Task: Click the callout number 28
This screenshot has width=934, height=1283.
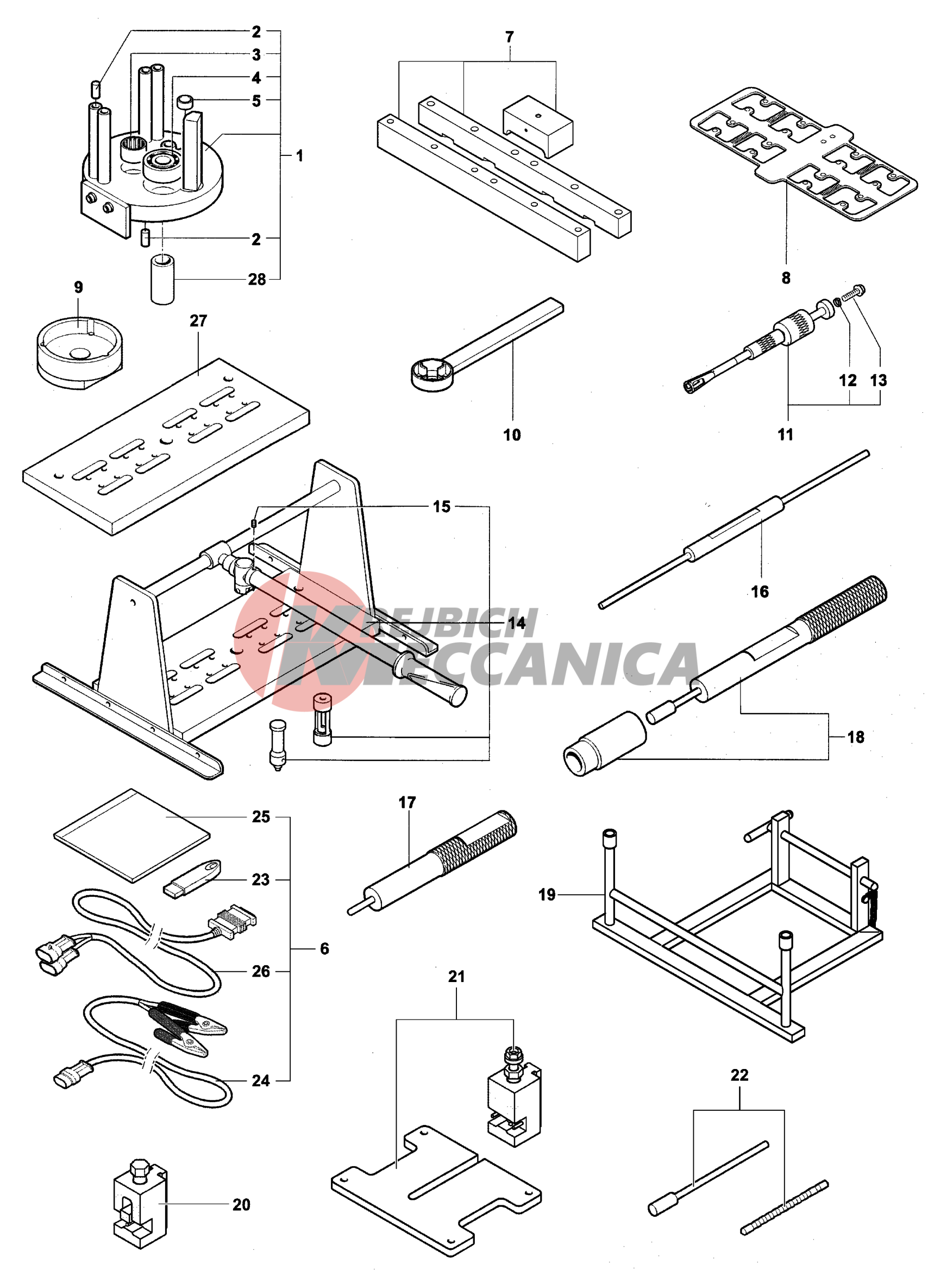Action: (x=257, y=279)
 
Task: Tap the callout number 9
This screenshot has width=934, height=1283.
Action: (x=79, y=287)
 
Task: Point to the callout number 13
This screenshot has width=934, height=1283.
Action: (x=878, y=381)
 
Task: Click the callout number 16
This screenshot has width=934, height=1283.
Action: (x=760, y=592)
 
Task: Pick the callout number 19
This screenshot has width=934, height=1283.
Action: (x=547, y=895)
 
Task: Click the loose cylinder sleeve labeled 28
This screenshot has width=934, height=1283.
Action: (x=163, y=280)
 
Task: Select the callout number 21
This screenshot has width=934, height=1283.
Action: (x=456, y=977)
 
